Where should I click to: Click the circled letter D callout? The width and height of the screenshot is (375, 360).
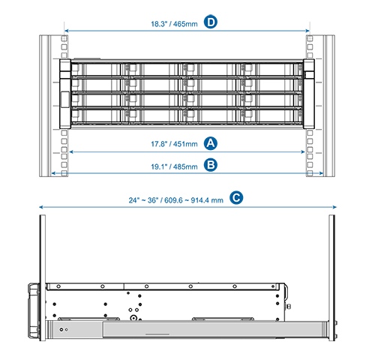pyautogui.click(x=211, y=22)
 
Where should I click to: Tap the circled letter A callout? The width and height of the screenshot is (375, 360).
pyautogui.click(x=211, y=143)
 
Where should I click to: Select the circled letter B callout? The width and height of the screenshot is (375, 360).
pyautogui.click(x=211, y=165)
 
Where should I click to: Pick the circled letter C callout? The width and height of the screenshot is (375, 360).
pyautogui.click(x=236, y=197)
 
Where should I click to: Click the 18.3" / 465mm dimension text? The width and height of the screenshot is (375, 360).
pyautogui.click(x=174, y=24)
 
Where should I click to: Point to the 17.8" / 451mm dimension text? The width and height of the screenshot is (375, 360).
pyautogui.click(x=174, y=144)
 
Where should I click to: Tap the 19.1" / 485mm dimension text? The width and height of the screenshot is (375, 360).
pyautogui.click(x=174, y=166)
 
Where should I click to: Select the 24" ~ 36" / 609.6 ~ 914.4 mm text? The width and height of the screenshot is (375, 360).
pyautogui.click(x=175, y=200)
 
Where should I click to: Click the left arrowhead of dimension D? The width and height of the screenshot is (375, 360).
pyautogui.click(x=67, y=31)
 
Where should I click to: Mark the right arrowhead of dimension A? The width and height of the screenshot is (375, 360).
pyautogui.click(x=303, y=151)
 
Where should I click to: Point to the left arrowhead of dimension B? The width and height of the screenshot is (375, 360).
pyautogui.click(x=53, y=173)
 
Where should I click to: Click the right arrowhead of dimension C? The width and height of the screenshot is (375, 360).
pyautogui.click(x=334, y=207)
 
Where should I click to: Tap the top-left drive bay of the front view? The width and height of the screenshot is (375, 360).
pyautogui.click(x=96, y=69)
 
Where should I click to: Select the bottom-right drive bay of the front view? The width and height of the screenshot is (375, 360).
pyautogui.click(x=274, y=116)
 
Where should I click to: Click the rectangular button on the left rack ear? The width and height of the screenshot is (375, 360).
pyautogui.click(x=65, y=100)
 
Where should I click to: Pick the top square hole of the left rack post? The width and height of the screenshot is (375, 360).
pyautogui.click(x=64, y=39)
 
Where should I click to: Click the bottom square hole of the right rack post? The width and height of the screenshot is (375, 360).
pyautogui.click(x=310, y=173)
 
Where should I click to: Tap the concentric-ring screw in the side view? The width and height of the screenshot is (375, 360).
pyautogui.click(x=133, y=318)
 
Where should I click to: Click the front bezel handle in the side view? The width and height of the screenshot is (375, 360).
pyautogui.click(x=34, y=310)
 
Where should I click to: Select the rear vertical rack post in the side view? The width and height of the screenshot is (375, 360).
pyautogui.click(x=331, y=277)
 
